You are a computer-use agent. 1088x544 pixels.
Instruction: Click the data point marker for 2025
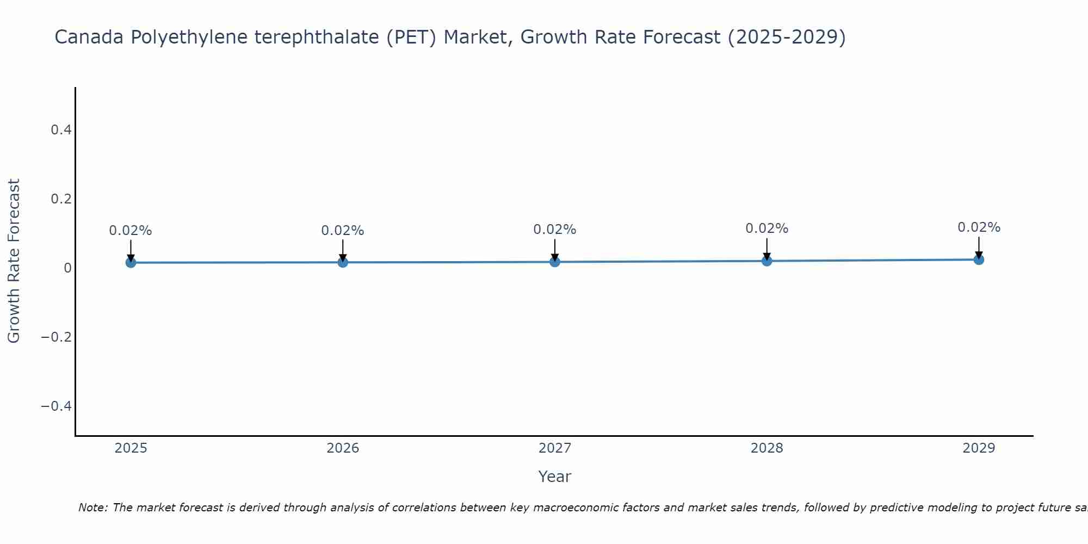click(131, 263)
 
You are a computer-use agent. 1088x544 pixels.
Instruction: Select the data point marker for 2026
click(343, 262)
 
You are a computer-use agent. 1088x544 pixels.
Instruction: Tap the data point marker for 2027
click(555, 262)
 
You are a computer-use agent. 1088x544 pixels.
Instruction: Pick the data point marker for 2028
click(766, 261)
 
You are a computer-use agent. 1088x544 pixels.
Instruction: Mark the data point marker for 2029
click(979, 259)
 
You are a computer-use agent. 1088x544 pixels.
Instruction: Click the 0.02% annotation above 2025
click(131, 231)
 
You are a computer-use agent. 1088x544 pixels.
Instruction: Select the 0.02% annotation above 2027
click(555, 230)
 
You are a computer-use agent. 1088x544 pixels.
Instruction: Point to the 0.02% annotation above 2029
click(979, 227)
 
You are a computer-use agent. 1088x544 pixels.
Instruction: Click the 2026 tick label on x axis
click(343, 448)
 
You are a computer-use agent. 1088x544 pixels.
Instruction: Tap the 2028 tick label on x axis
click(766, 448)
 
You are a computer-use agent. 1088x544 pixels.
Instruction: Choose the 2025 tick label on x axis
click(131, 448)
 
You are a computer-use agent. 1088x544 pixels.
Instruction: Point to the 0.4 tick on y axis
click(61, 130)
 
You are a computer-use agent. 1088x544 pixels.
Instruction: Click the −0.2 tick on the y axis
click(56, 337)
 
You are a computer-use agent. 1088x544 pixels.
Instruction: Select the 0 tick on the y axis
click(67, 268)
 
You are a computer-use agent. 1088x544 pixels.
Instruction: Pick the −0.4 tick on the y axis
click(56, 406)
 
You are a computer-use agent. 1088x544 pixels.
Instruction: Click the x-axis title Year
click(554, 477)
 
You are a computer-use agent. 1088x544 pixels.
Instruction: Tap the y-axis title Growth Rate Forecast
click(14, 261)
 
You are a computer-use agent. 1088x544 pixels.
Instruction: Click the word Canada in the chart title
click(90, 38)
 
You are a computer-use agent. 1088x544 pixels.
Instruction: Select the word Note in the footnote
click(92, 508)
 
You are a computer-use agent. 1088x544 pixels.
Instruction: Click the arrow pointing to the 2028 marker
click(766, 249)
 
